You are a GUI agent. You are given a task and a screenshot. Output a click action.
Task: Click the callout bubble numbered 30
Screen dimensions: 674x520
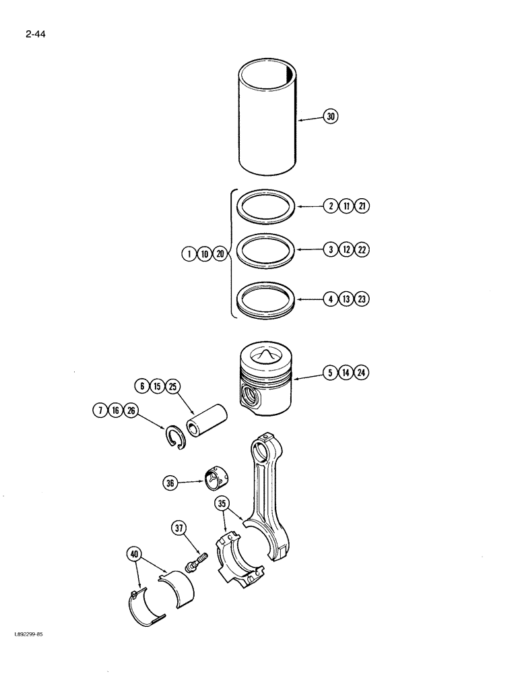click(x=331, y=117)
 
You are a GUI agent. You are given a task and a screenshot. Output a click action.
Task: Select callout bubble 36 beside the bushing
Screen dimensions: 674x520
click(x=170, y=482)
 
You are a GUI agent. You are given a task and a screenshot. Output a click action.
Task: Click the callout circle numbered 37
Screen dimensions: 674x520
click(x=180, y=529)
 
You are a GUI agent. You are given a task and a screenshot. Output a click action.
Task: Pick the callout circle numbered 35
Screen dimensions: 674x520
click(x=222, y=503)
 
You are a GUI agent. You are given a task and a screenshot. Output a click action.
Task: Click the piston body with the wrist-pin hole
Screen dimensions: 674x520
click(x=263, y=384)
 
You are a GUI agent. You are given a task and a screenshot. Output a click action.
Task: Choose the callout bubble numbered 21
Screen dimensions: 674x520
click(x=362, y=206)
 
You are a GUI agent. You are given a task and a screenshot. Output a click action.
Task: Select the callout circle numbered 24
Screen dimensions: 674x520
click(x=362, y=372)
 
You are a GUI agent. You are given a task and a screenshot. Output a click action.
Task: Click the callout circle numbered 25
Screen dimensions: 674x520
click(x=172, y=388)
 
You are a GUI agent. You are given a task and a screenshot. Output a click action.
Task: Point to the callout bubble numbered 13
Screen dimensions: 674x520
click(x=346, y=299)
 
